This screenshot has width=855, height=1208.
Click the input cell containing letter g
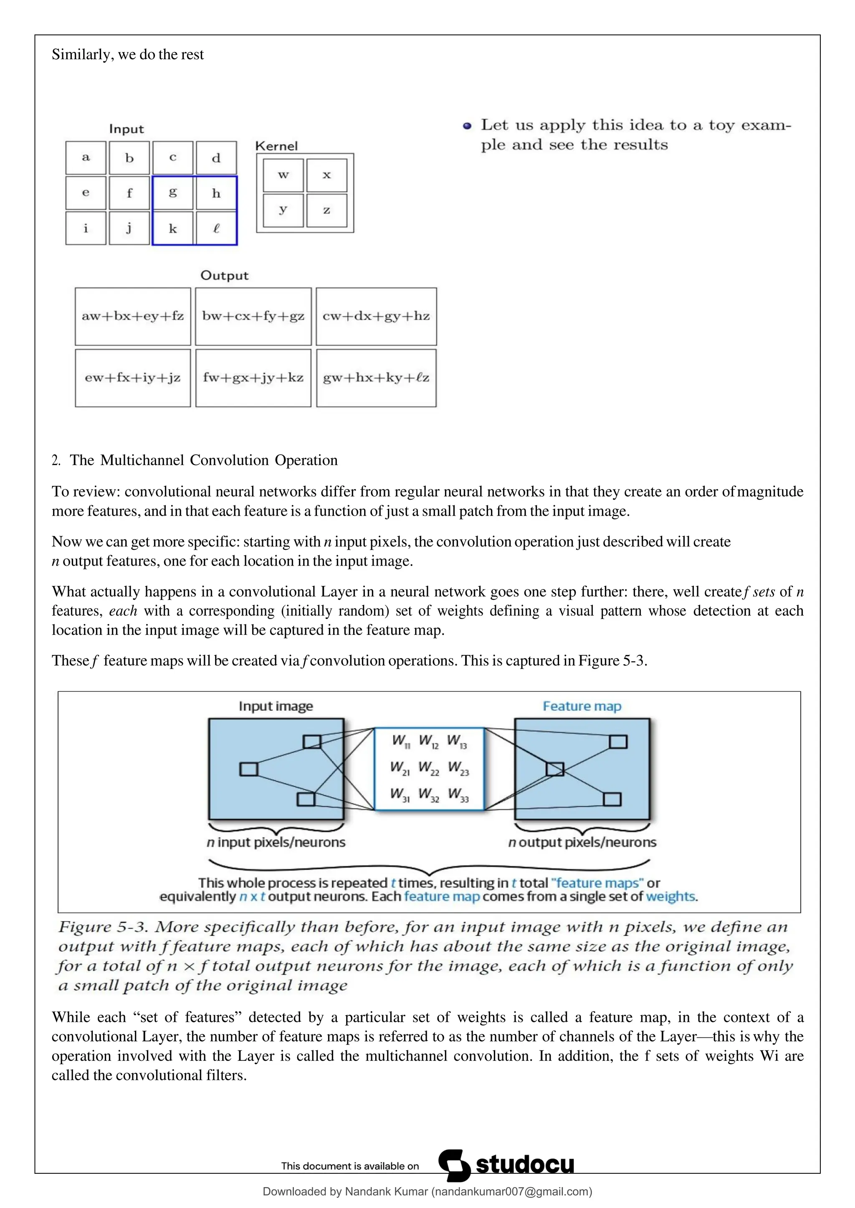coord(173,193)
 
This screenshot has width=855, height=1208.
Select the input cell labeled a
coord(86,158)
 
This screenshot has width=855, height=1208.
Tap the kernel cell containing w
coord(283,175)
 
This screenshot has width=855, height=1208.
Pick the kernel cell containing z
coord(326,211)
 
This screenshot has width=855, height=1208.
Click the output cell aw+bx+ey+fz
coord(133,316)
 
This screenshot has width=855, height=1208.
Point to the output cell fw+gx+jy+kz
coord(253,378)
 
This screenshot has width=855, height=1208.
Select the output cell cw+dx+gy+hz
coord(376,316)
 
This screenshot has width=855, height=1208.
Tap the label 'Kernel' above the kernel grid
coord(276,146)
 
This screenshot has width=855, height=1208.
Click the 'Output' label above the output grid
coord(224,276)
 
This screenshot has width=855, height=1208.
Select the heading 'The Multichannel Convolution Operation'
coord(204,461)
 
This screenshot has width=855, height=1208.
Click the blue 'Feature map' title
coord(582,706)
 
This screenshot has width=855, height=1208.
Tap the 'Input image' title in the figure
coord(276,706)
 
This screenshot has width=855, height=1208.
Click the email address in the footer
coord(512,1192)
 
